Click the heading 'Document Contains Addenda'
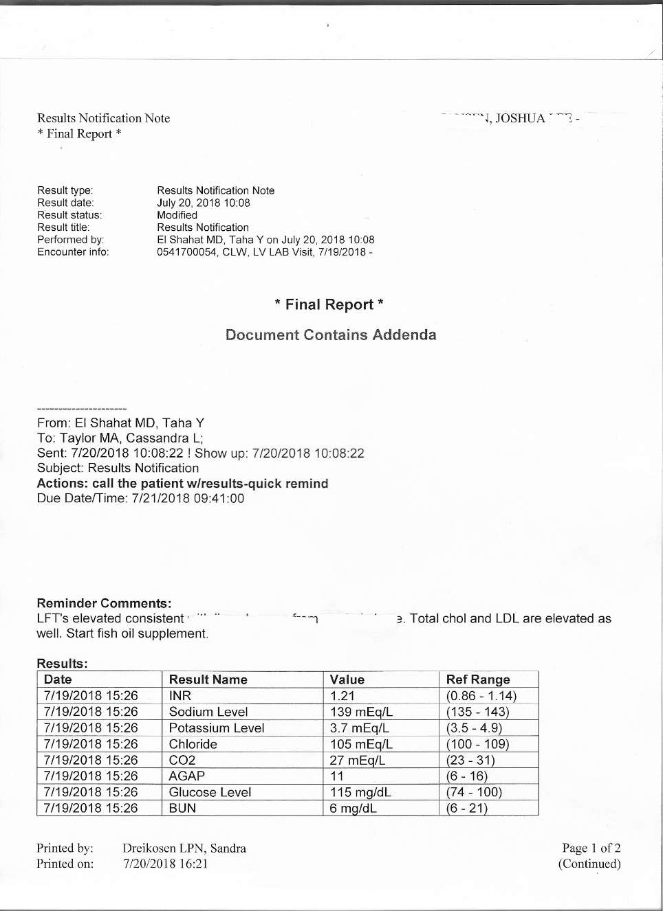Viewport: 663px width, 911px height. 331,335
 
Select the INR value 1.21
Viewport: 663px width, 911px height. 343,696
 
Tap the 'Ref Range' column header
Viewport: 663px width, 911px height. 478,679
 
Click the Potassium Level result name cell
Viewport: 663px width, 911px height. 217,728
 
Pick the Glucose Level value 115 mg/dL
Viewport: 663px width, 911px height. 360,792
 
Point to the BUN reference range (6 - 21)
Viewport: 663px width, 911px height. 467,808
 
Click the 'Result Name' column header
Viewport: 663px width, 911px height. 208,679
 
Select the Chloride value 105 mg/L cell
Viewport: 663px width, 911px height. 361,744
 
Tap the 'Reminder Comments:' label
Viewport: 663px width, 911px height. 104,603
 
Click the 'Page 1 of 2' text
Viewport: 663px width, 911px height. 591,848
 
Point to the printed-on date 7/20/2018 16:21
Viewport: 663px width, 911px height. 165,864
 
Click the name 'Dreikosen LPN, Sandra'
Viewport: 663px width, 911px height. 184,848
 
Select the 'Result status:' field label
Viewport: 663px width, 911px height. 69,215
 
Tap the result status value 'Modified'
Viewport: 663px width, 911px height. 177,215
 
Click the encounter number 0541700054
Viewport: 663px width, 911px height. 186,252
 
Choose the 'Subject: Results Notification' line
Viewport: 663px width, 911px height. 118,468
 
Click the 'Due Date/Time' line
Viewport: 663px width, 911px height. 140,498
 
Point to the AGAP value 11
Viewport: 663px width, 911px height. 337,776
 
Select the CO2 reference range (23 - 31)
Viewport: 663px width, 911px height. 470,760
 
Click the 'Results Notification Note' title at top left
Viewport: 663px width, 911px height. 103,118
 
